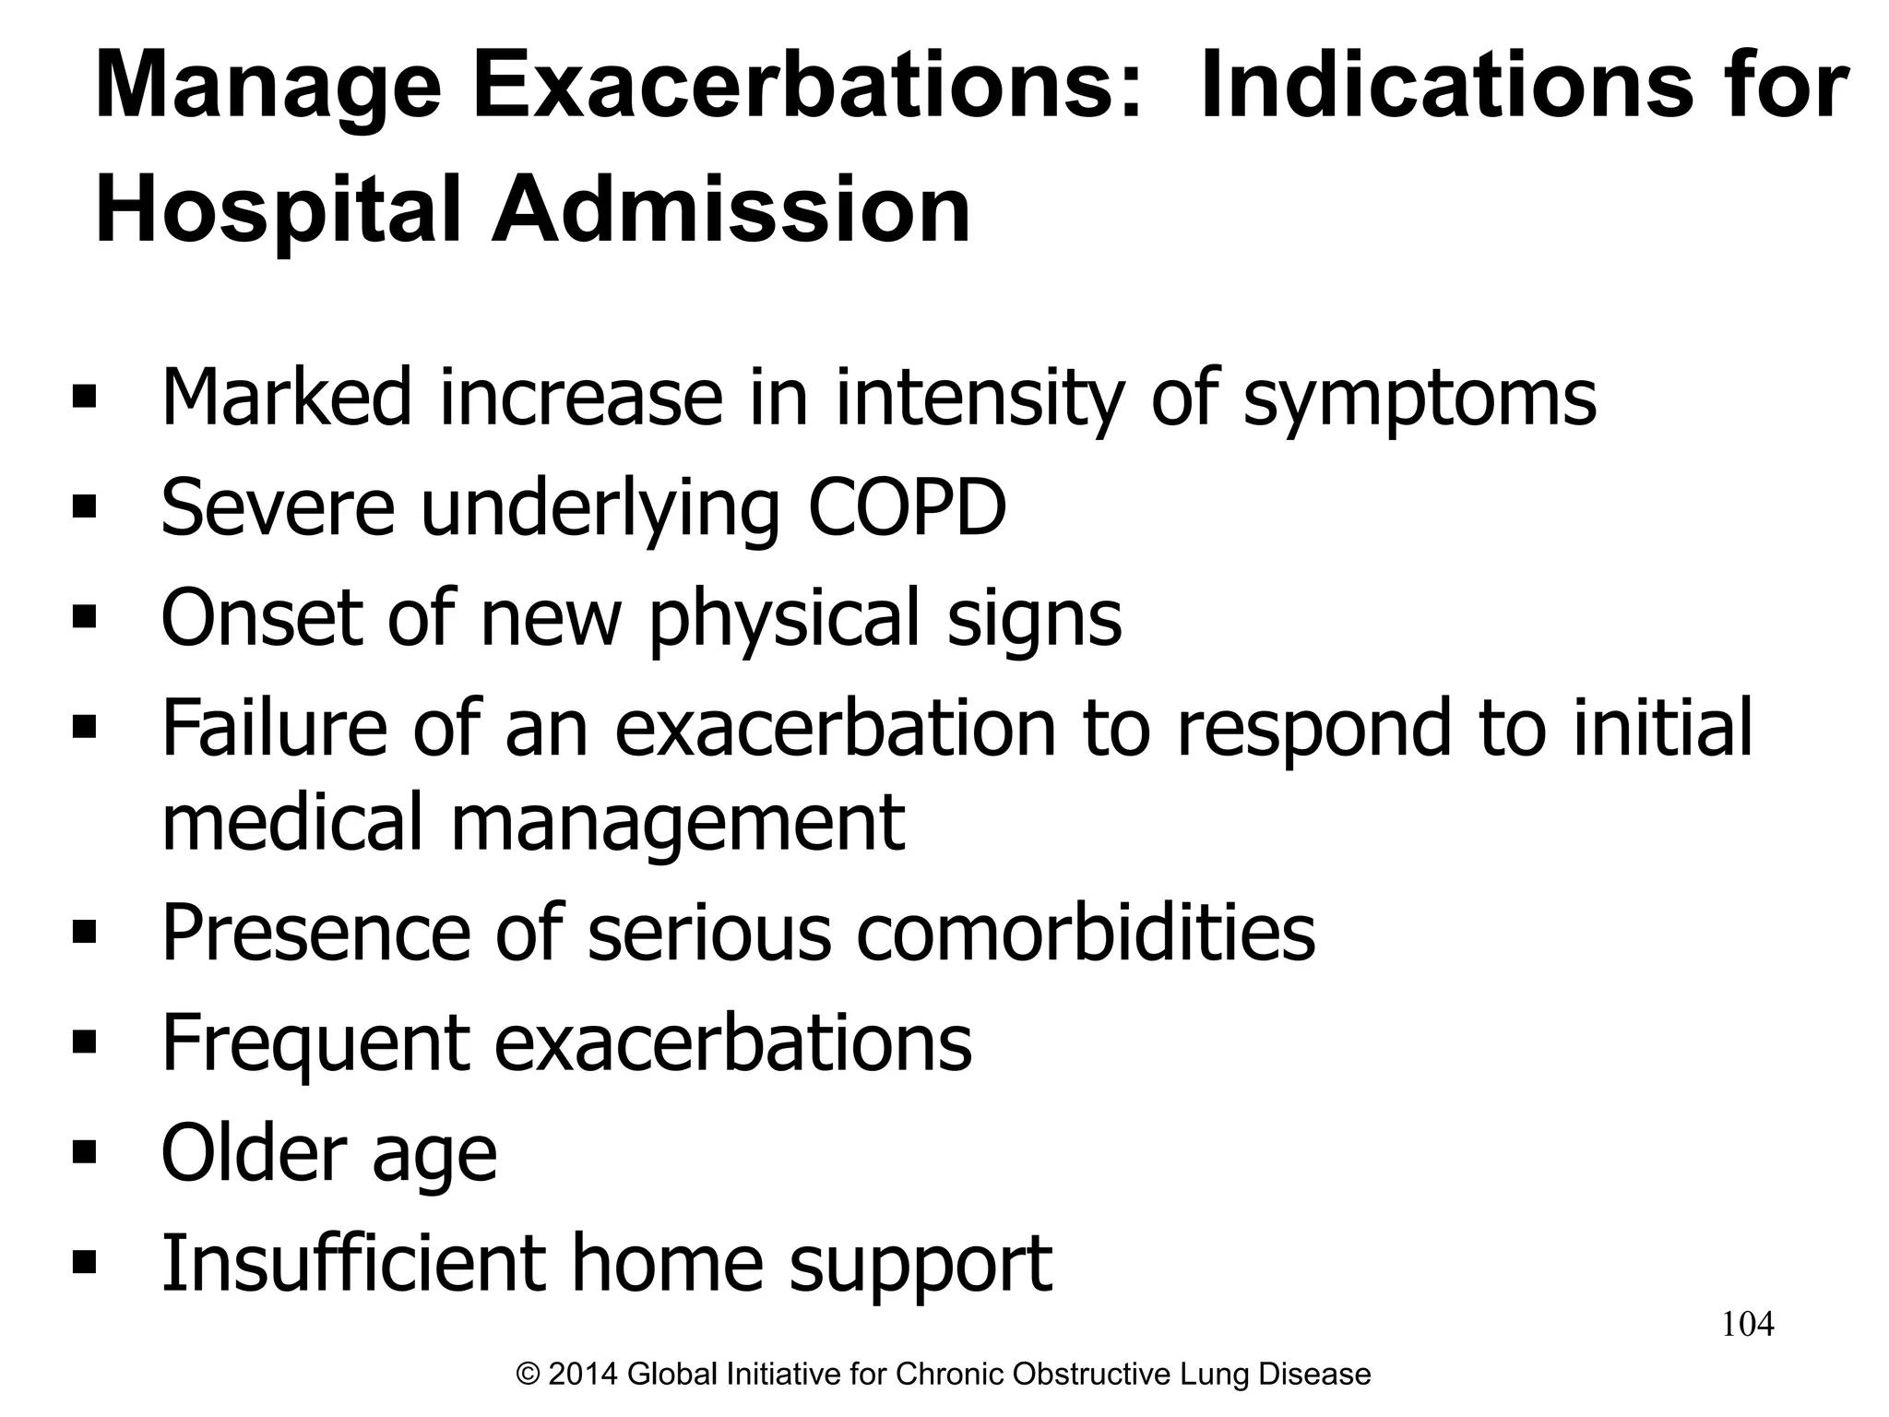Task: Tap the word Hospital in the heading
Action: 277,210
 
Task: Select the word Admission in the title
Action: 731,210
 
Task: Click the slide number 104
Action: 1748,1325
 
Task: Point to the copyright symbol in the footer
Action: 529,1375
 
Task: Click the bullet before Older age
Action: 84,1151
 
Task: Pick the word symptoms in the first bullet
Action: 1420,399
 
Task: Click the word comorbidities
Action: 1086,932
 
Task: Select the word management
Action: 678,823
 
